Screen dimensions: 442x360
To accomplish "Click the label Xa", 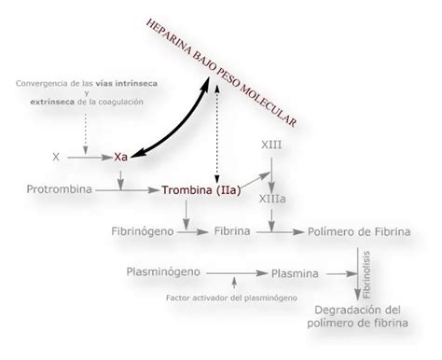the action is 120,158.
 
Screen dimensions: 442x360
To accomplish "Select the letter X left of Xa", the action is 56,158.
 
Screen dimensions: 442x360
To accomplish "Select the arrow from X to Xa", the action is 87,158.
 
